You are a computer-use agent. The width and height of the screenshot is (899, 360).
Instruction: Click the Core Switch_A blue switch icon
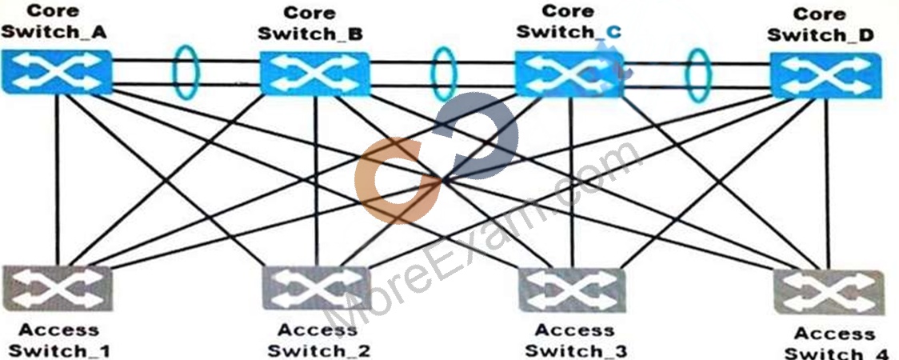coord(56,72)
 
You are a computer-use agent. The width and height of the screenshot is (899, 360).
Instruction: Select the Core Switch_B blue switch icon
coord(315,74)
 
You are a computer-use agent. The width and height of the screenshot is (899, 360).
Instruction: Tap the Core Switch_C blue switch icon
coord(569,74)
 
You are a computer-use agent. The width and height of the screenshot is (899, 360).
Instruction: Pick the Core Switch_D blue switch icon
coord(826,76)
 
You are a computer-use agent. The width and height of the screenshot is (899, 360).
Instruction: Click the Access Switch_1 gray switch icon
coord(57,288)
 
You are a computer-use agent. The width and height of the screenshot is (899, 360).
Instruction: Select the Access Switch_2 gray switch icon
coord(317,288)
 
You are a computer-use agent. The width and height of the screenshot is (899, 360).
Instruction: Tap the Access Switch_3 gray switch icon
coord(573,290)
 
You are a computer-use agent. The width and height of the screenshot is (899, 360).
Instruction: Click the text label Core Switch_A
coord(54,21)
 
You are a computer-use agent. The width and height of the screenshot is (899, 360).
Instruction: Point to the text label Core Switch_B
coord(310,23)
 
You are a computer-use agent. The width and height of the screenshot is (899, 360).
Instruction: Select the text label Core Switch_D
coord(821,25)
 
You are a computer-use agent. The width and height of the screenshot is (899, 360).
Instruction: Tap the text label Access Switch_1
coord(58,341)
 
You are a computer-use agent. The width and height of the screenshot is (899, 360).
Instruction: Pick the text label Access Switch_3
coord(574,341)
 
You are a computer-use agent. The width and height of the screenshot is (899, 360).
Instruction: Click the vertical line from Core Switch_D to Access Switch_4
coord(827,184)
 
